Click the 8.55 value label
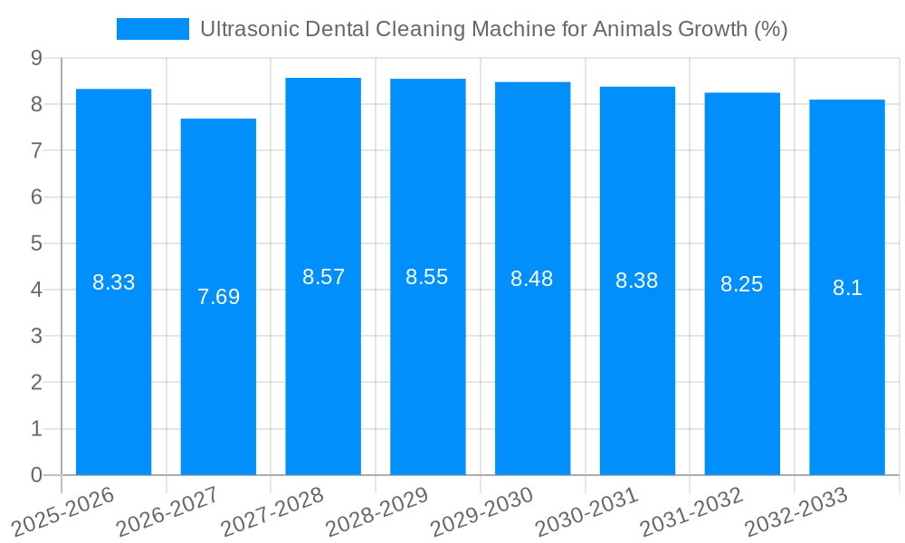[427, 278]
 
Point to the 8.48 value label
[532, 280]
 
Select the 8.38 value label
[637, 281]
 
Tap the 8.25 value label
[742, 285]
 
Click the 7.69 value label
[218, 297]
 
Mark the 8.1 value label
[847, 289]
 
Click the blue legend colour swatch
[152, 29]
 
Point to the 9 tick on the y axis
[36, 58]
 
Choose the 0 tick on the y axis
[36, 475]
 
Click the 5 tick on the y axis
[36, 243]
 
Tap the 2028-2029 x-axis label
[377, 512]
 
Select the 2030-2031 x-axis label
[587, 512]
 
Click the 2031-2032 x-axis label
[692, 512]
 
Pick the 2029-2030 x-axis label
[482, 512]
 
